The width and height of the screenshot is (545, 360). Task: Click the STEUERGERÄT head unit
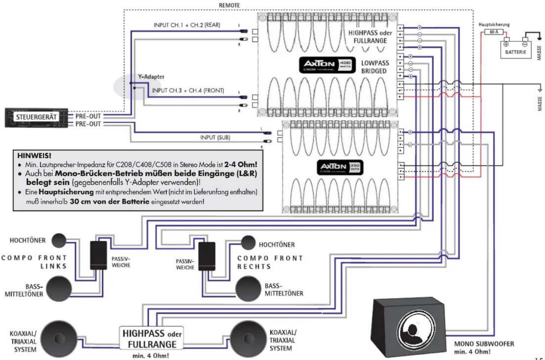coord(36,118)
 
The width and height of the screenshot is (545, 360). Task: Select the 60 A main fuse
coord(494,32)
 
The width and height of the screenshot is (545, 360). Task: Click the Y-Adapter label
coord(151,77)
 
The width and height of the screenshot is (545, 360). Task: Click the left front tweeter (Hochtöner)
coord(59,240)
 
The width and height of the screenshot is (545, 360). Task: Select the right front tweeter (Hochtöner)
coord(248,243)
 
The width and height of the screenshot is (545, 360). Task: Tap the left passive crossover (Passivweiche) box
coord(98,255)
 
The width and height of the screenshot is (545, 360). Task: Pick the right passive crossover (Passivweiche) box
coord(207,256)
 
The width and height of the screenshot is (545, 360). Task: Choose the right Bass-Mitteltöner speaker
coord(248,289)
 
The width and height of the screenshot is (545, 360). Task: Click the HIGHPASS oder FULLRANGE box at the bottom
coord(152,338)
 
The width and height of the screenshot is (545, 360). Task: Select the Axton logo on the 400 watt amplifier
coord(320,64)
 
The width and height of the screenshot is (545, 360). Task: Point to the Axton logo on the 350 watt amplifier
coord(333,167)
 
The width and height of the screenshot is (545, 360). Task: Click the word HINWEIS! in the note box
coord(34,156)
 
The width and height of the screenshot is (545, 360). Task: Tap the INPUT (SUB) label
coord(215,138)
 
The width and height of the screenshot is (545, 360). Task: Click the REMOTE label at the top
coord(229,5)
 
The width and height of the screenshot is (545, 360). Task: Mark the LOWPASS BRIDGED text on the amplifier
coord(375,67)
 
